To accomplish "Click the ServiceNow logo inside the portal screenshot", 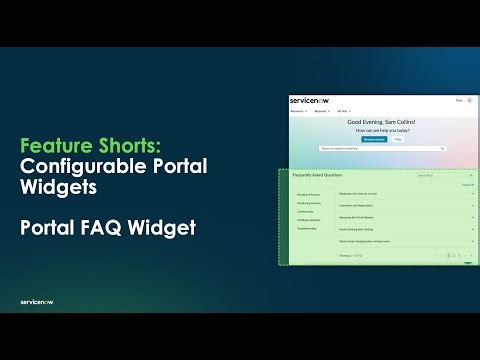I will pos(302,101).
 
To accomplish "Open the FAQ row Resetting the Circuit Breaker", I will pos(361,216).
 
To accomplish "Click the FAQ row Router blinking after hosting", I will pos(361,228).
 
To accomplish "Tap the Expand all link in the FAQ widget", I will pos(467,185).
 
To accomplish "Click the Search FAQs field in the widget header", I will pos(437,175).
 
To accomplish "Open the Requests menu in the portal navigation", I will pos(321,110).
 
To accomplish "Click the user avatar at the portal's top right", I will pos(469,101).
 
